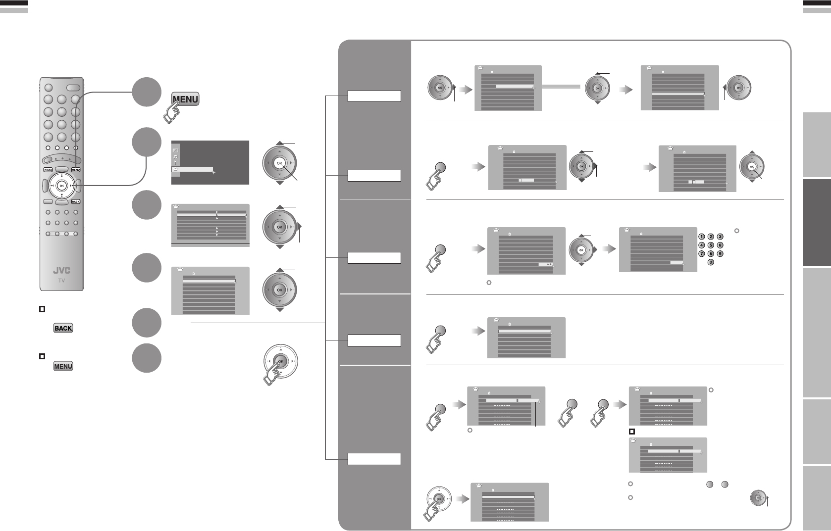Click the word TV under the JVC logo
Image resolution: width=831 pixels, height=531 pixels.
tap(62, 280)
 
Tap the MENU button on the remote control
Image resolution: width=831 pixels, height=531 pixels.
tap(76, 169)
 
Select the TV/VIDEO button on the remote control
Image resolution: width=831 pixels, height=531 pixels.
tap(48, 169)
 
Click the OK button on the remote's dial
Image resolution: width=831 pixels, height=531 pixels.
tap(61, 186)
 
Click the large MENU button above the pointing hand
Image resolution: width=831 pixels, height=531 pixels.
tap(185, 99)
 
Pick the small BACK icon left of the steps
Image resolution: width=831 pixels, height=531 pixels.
tap(63, 328)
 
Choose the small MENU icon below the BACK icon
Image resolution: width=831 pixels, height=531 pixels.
tap(63, 366)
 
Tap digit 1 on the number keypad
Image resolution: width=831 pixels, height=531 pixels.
tap(701, 237)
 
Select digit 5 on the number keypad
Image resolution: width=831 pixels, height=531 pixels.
tap(711, 245)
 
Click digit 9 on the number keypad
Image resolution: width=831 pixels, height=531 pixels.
tap(720, 253)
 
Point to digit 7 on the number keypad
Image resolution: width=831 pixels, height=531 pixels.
tap(701, 253)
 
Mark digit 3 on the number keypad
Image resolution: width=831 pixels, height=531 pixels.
tap(720, 237)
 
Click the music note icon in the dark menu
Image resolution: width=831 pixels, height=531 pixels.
tap(175, 156)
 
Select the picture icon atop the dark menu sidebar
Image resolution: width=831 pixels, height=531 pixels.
tap(175, 149)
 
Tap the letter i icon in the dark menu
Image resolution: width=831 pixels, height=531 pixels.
tap(175, 163)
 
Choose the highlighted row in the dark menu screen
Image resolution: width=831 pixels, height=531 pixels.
tap(192, 169)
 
